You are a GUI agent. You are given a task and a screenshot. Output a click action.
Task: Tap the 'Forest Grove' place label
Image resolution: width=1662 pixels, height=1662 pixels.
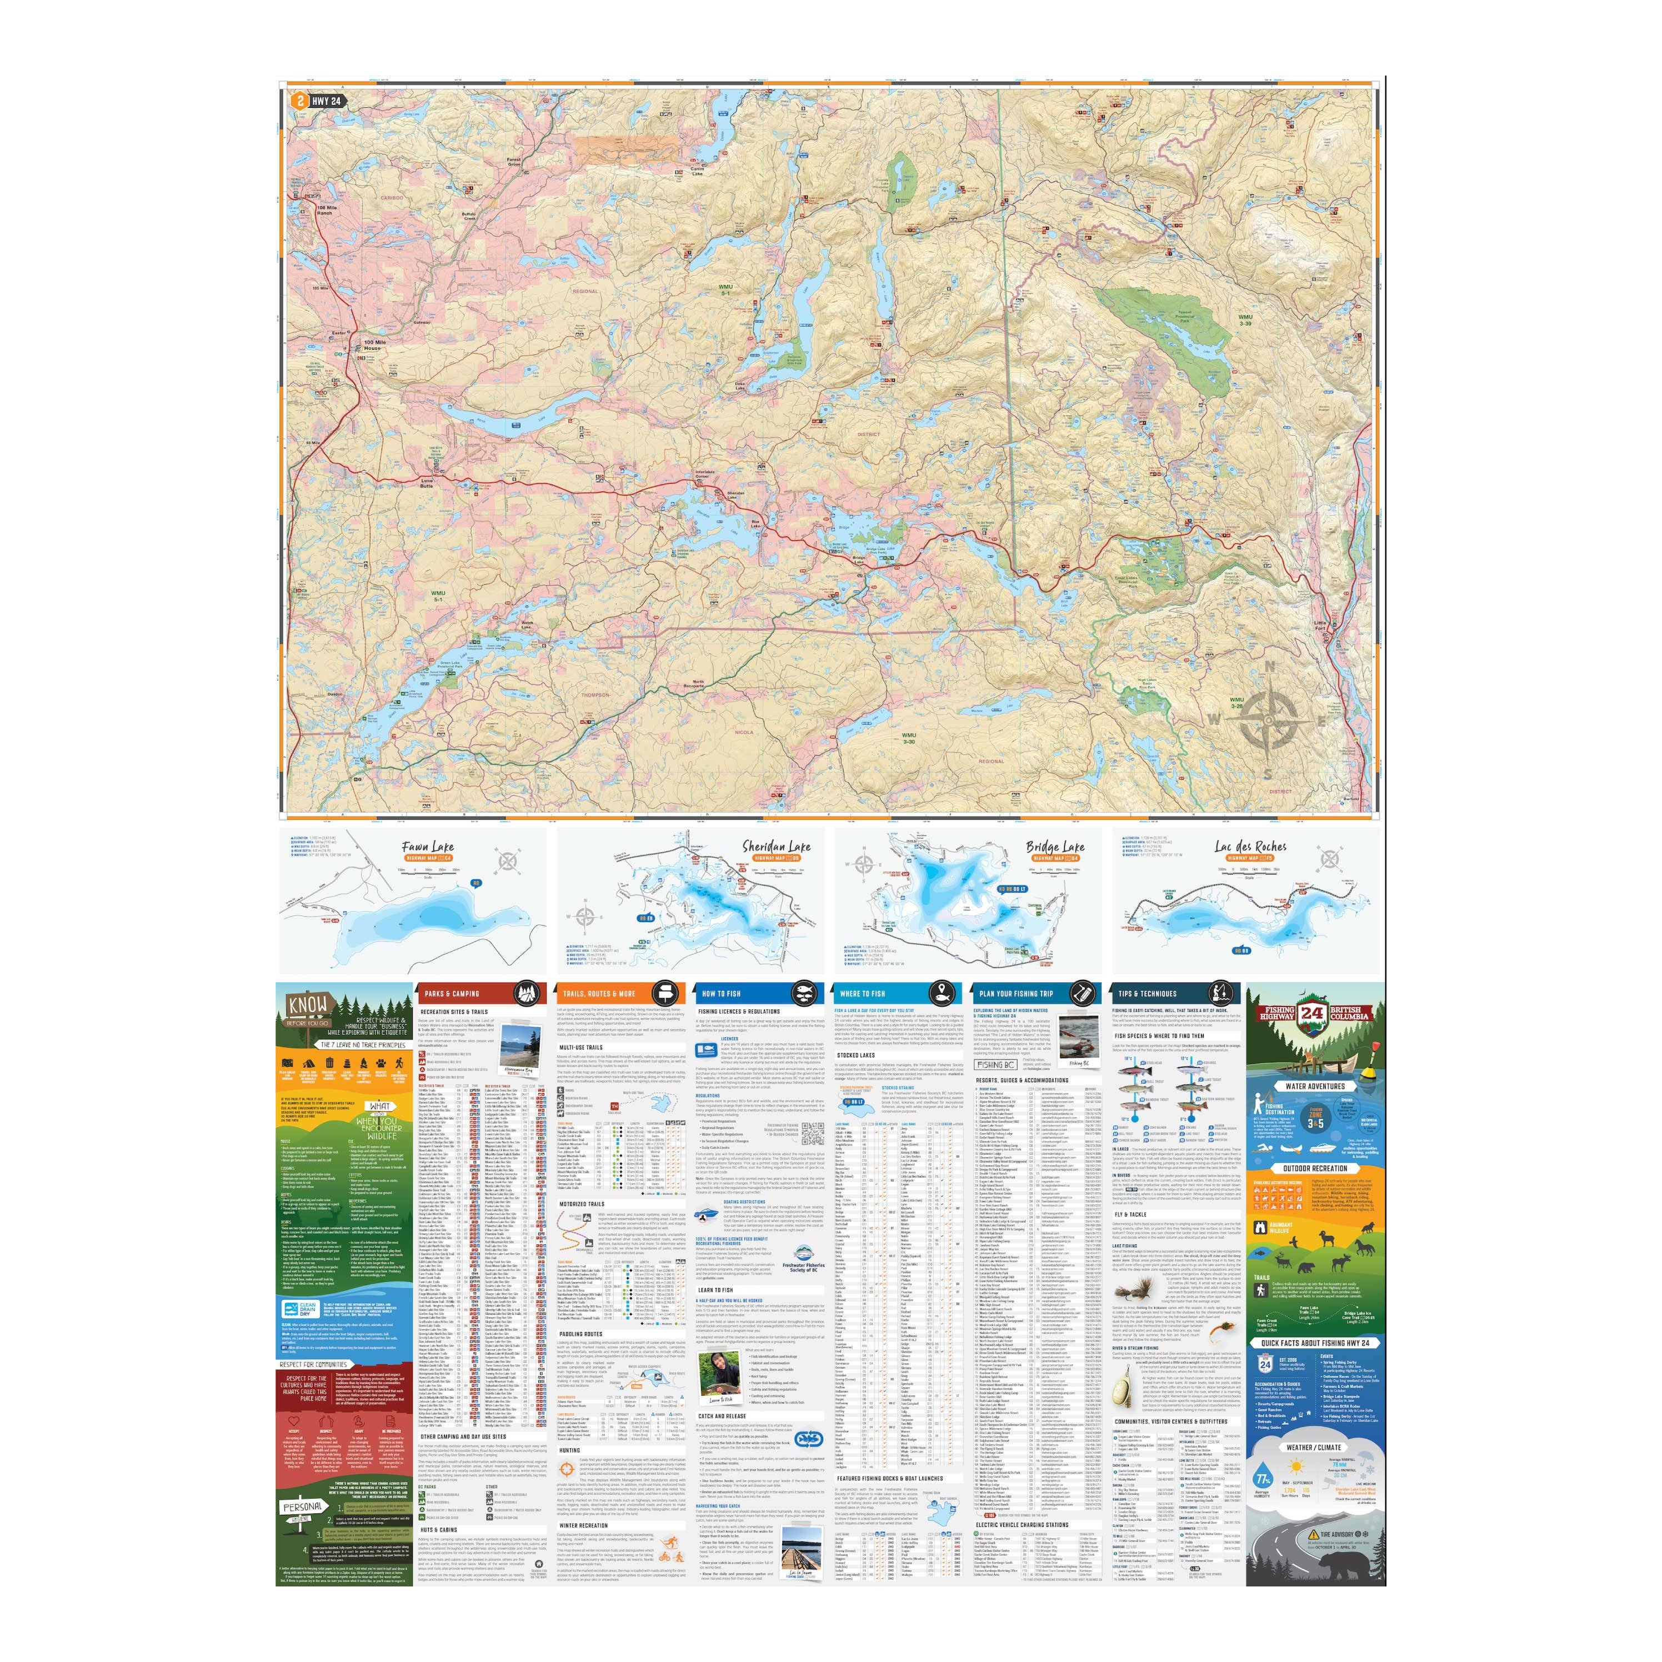pyautogui.click(x=514, y=162)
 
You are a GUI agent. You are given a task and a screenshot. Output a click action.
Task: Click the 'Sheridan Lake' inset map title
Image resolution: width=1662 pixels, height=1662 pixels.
pyautogui.click(x=776, y=847)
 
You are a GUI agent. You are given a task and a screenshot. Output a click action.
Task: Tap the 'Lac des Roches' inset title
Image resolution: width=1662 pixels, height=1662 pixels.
pyautogui.click(x=1250, y=847)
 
